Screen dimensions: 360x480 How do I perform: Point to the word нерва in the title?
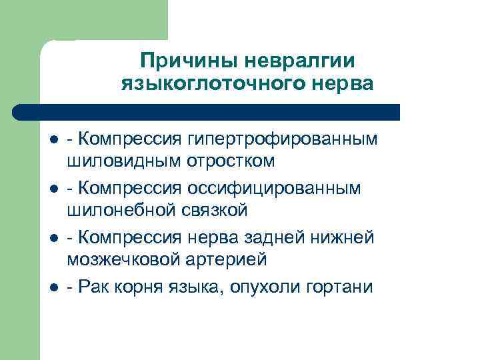(337, 85)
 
